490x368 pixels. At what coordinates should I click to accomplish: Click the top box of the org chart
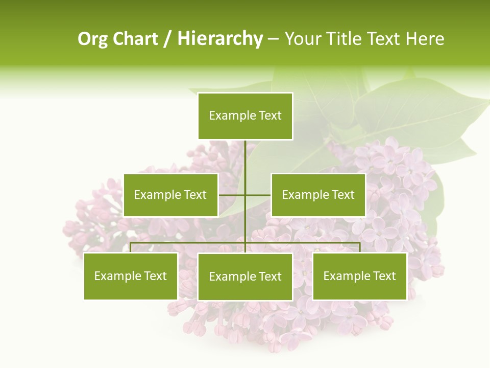[245, 116]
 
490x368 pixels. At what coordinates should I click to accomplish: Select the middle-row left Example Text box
[170, 195]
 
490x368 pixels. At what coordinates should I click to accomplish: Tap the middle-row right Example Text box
[318, 195]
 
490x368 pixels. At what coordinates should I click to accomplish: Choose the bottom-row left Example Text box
[131, 276]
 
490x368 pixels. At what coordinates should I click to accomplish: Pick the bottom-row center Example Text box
[245, 277]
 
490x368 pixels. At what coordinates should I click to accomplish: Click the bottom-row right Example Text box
[359, 276]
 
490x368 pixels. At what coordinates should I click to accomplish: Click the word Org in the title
[92, 39]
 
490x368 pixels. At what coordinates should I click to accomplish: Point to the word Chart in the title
[135, 39]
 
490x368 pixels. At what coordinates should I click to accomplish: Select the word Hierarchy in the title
[220, 39]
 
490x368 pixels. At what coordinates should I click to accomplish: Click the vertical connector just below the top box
[245, 153]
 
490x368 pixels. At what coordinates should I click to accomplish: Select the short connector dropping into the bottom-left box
[131, 247]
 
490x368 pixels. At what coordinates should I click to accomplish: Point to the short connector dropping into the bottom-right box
[359, 247]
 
